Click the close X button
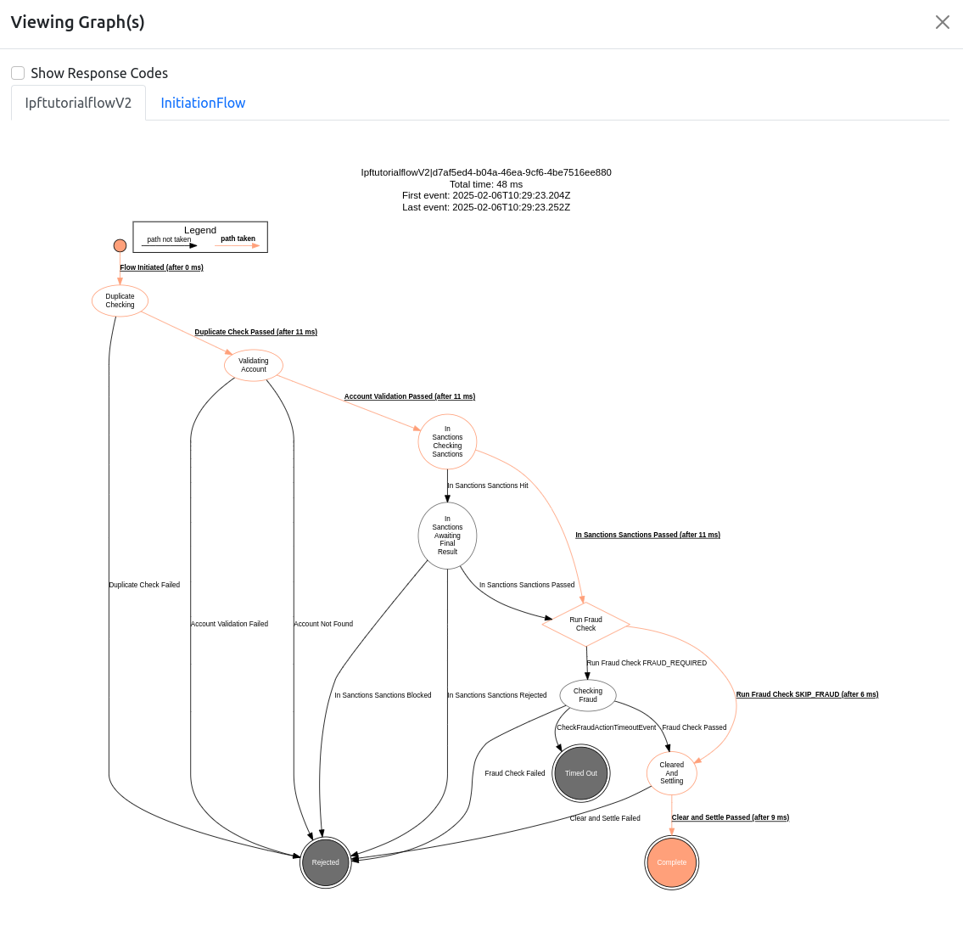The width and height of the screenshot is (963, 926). pos(942,22)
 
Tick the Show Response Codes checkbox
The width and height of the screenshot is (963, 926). pos(18,73)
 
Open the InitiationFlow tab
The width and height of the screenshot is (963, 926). pos(203,103)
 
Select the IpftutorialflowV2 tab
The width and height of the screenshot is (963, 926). pos(78,103)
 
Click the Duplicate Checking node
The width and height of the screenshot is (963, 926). pos(120,300)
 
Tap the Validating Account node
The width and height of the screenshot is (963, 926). pos(253,365)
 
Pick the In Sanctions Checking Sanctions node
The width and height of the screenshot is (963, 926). pos(447,441)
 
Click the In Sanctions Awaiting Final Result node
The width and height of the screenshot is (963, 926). pos(447,536)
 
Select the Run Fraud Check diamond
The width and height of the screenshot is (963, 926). pos(585,624)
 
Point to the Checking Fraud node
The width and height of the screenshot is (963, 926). pos(587,695)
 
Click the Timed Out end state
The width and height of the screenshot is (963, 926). pos(580,773)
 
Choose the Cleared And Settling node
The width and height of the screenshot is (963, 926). pos(671,773)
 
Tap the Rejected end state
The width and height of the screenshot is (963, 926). pos(325,862)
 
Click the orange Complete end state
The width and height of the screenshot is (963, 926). pos(671,862)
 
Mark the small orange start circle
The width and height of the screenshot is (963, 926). pos(120,245)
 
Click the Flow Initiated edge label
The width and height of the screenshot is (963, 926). pos(161,267)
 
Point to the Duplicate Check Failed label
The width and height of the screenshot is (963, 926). pos(144,585)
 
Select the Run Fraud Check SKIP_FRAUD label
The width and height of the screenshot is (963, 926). pos(807,694)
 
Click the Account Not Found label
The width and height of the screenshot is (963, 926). pos(323,624)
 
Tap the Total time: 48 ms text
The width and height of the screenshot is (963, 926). pos(486,184)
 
